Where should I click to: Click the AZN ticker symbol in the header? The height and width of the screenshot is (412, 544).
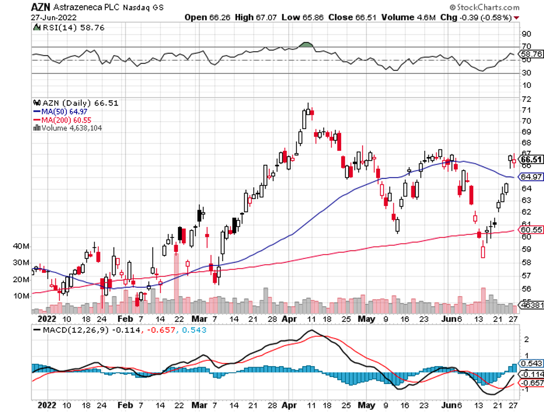[40, 8]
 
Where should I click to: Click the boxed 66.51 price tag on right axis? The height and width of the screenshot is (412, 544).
[531, 159]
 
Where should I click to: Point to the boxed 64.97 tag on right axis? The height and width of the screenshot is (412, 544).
[531, 177]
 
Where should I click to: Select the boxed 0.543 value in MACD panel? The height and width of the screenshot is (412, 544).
[531, 363]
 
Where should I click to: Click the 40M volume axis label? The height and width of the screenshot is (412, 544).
[21, 247]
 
